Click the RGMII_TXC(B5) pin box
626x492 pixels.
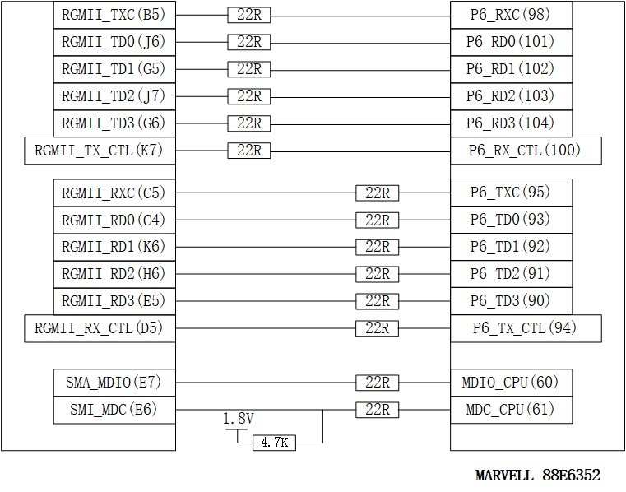114,15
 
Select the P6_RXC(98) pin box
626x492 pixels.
510,15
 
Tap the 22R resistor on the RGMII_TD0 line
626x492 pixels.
248,42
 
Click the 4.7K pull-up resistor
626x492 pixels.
274,443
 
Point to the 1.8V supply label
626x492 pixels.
239,420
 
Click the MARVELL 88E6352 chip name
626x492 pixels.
538,476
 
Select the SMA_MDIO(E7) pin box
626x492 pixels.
114,383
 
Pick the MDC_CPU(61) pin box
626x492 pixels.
510,410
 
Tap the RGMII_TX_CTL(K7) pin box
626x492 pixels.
100,151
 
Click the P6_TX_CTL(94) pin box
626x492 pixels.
526,328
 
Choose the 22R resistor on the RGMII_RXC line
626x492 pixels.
378,193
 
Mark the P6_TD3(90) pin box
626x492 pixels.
510,301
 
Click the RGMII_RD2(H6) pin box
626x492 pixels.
114,274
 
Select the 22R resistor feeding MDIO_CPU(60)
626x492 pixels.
378,383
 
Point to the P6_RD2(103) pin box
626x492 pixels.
510,96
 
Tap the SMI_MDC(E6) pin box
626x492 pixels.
114,410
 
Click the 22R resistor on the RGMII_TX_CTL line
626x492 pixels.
248,151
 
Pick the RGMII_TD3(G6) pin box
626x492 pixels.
114,123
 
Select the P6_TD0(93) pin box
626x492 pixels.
510,220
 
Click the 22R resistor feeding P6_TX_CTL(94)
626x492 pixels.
378,328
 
